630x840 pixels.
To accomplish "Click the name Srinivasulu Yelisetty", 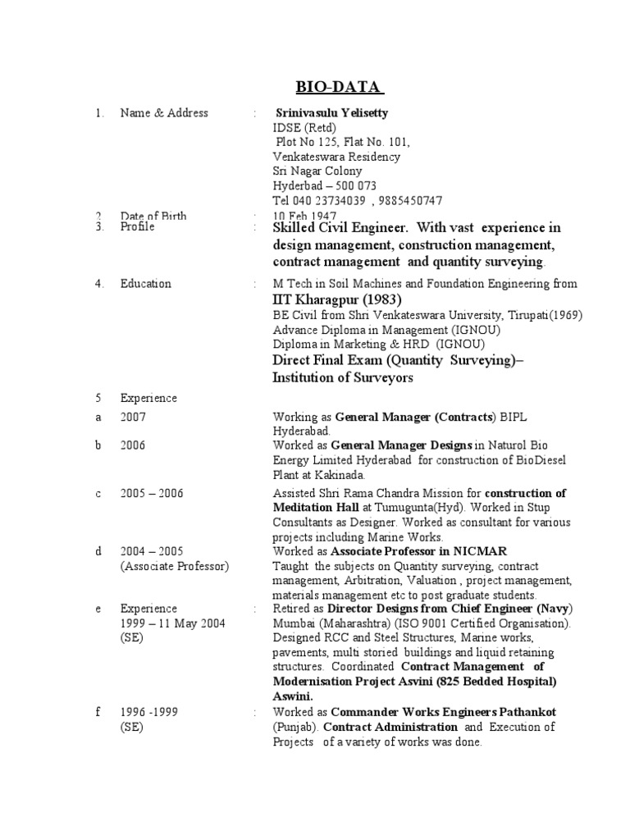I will pos(332,113).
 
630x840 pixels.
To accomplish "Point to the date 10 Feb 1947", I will pos(301,217).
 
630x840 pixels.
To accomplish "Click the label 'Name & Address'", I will pos(164,113).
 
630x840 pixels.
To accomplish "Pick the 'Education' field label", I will pos(146,284).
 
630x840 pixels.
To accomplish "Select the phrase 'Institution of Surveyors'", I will pos(343,378).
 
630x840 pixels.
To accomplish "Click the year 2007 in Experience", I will pos(133,417).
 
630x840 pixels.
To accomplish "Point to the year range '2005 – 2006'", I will pos(152,494).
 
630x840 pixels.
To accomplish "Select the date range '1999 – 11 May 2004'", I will pos(172,623).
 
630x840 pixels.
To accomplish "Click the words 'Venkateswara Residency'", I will pos(336,157).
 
